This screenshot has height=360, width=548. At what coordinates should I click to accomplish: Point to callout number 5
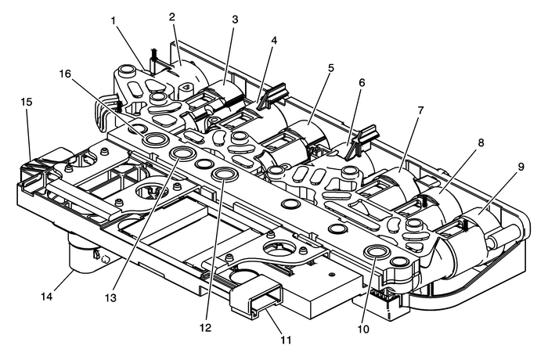click(x=331, y=67)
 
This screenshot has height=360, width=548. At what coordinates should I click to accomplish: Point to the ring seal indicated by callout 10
click(x=374, y=252)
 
